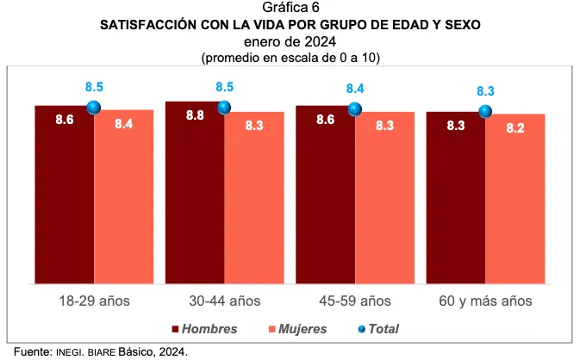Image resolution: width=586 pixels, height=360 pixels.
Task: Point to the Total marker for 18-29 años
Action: pyautogui.click(x=94, y=107)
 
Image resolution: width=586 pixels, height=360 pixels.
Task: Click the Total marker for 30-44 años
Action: pyautogui.click(x=224, y=107)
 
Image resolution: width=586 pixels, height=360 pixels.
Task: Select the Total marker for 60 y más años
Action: pyautogui.click(x=485, y=111)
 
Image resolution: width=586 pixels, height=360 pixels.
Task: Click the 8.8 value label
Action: pyautogui.click(x=195, y=116)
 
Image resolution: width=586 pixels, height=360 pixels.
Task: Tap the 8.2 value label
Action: pyautogui.click(x=515, y=127)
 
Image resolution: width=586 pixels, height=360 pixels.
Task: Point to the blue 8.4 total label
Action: pyautogui.click(x=355, y=89)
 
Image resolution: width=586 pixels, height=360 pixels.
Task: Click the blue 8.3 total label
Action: pyautogui.click(x=485, y=91)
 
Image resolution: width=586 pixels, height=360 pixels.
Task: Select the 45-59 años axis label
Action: pyautogui.click(x=355, y=301)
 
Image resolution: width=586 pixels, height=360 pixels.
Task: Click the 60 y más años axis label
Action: pyautogui.click(x=485, y=301)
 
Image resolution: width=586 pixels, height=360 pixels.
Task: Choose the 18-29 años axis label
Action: pyautogui.click(x=94, y=301)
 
